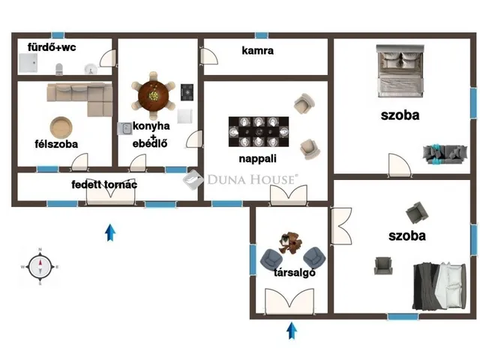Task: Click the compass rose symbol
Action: click(40, 267)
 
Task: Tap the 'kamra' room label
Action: click(257, 50)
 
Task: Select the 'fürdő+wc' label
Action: click(52, 47)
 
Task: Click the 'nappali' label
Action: click(257, 158)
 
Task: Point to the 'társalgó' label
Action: click(295, 272)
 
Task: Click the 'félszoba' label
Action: click(56, 144)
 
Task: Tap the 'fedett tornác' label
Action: click(104, 184)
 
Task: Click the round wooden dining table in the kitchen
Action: click(153, 96)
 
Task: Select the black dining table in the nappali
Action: click(259, 132)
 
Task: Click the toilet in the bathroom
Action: click(59, 69)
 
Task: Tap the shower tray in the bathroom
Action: click(28, 63)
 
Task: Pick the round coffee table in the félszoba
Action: click(61, 127)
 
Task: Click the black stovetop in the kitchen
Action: click(187, 92)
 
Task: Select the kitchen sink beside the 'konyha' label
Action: click(125, 128)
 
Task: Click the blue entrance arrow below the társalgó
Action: click(292, 331)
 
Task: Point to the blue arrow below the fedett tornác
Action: click(110, 232)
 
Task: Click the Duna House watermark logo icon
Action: click(193, 179)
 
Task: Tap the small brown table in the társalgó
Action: click(290, 243)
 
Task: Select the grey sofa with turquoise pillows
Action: click(445, 154)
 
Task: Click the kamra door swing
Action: click(209, 56)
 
